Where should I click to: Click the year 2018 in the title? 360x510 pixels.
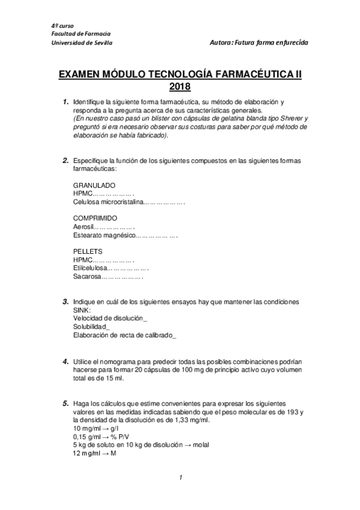[180, 86]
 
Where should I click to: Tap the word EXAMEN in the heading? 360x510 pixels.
[80, 74]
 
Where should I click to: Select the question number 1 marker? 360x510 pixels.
[65, 103]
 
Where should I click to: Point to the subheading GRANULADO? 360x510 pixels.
[94, 185]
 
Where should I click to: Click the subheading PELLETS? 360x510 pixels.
[88, 251]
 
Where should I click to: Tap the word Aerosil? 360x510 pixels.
[84, 227]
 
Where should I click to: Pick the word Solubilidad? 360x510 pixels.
[90, 326]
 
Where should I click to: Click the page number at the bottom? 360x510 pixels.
[180, 478]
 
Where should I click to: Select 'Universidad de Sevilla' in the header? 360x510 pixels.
[81, 43]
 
